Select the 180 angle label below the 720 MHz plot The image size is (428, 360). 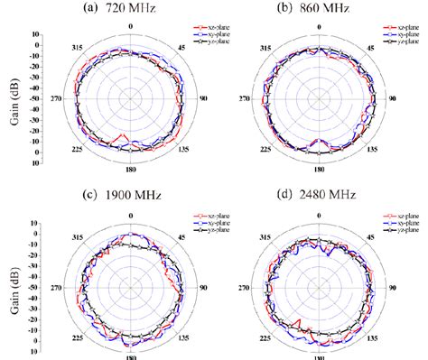point(130,169)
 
